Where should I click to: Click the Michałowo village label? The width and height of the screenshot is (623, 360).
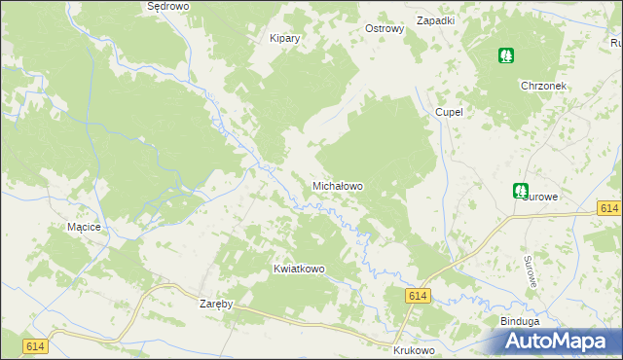[337, 185]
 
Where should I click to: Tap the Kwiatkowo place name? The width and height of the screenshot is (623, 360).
[299, 269]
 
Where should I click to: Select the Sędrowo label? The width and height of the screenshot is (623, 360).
[166, 6]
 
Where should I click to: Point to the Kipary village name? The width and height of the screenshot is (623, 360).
[284, 39]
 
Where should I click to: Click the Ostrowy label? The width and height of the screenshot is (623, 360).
[384, 29]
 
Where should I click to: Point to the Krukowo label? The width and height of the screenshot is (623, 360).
[413, 348]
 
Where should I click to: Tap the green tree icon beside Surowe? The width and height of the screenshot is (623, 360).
[521, 192]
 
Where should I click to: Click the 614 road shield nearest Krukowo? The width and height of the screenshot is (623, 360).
[419, 296]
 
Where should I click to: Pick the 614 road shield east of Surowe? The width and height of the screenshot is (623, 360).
[609, 209]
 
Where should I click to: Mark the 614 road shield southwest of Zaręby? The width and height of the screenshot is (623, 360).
[35, 345]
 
